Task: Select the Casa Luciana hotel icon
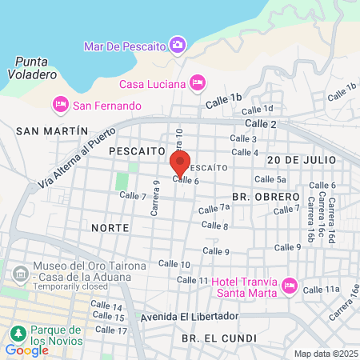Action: [x=198, y=82]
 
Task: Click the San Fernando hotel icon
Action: [x=60, y=104]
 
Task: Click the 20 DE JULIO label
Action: [x=302, y=160]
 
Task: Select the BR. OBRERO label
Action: [x=266, y=195]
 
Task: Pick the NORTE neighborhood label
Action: [x=110, y=227]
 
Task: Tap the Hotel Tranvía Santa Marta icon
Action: [x=290, y=286]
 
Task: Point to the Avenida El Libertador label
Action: [x=189, y=316]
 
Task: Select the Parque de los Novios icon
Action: [x=15, y=332]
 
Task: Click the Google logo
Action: [x=26, y=350]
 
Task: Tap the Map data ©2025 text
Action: [x=324, y=354]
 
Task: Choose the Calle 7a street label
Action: [x=214, y=208]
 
